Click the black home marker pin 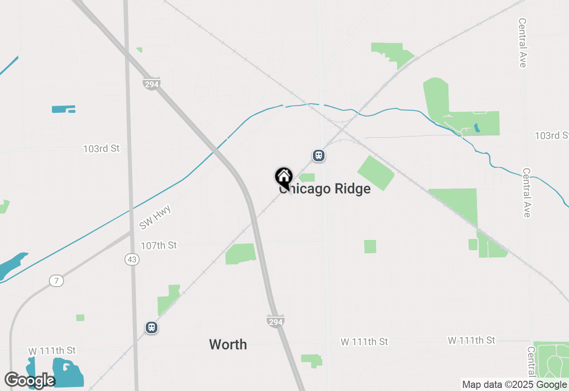click(283, 177)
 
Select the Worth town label click(228, 344)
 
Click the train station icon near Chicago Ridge click(318, 156)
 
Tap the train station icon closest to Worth click(152, 328)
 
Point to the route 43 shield click(132, 259)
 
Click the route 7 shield click(56, 281)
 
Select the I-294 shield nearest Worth click(276, 321)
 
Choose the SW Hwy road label click(155, 218)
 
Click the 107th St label click(159, 245)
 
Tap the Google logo click(29, 380)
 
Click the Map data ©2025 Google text click(514, 385)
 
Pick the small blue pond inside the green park click(477, 128)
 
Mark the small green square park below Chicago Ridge click(370, 247)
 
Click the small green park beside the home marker click(307, 178)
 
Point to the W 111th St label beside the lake click(52, 351)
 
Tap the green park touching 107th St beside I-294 click(240, 254)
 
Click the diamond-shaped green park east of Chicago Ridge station click(376, 173)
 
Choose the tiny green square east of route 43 click(80, 318)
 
